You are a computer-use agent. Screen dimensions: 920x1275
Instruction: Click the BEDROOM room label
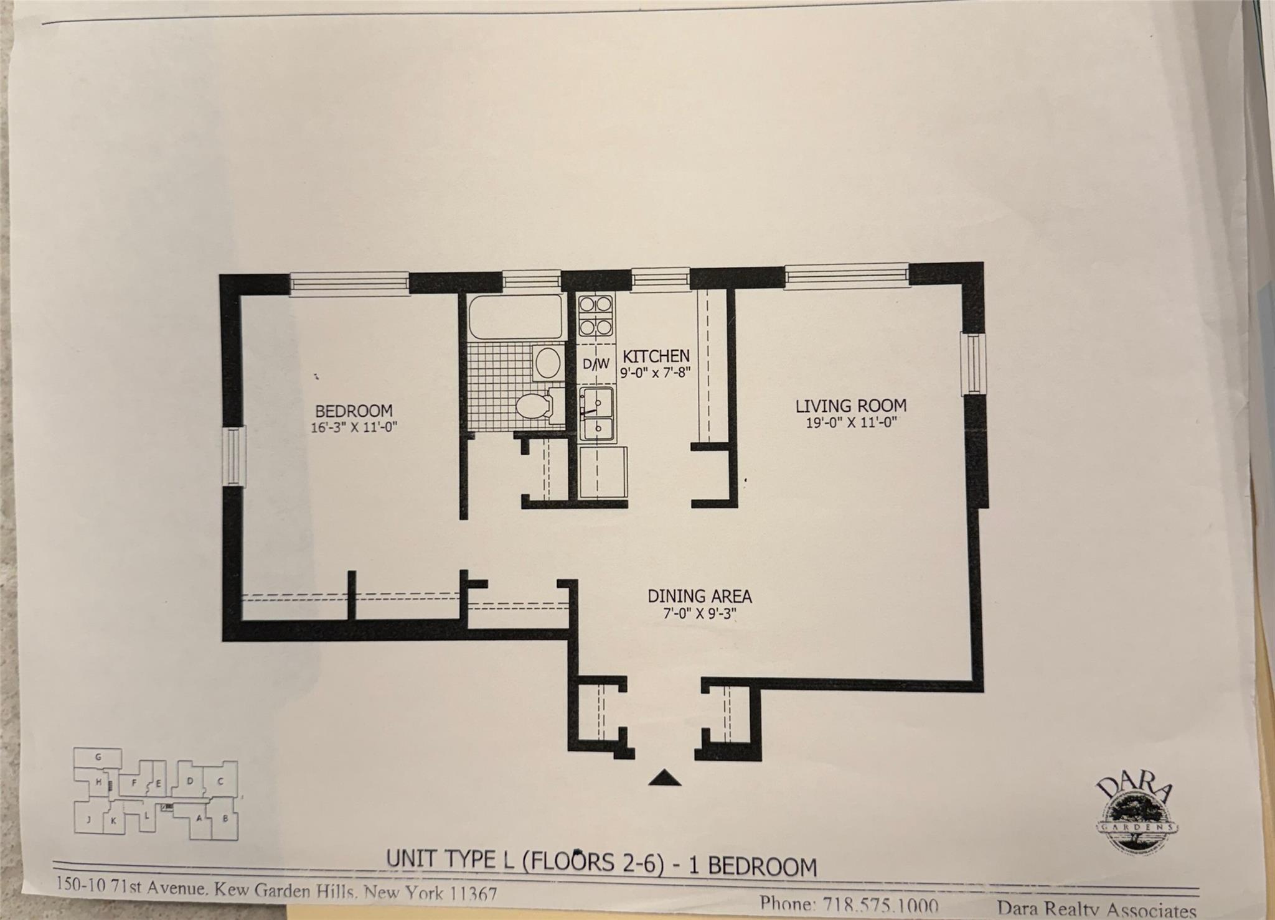(x=354, y=411)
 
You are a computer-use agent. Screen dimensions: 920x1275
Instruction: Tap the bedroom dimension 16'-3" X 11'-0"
(x=354, y=427)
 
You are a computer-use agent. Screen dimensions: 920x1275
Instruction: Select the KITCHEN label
(x=656, y=356)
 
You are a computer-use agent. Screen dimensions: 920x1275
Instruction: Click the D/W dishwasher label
(x=596, y=364)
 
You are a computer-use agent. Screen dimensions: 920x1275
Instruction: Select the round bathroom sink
(x=548, y=363)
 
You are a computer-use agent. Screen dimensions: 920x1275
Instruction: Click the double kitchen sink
(x=597, y=414)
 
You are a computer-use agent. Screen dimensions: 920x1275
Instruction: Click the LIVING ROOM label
(x=850, y=406)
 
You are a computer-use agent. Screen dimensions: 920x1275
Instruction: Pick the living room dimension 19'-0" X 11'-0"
(x=850, y=423)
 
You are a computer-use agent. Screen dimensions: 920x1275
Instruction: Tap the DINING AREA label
(x=700, y=596)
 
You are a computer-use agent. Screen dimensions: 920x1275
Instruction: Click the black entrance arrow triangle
(x=664, y=778)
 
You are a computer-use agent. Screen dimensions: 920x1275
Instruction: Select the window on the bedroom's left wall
(x=233, y=455)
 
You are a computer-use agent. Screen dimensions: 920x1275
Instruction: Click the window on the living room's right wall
(x=974, y=364)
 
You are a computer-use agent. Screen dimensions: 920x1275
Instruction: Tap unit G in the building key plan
(x=98, y=757)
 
